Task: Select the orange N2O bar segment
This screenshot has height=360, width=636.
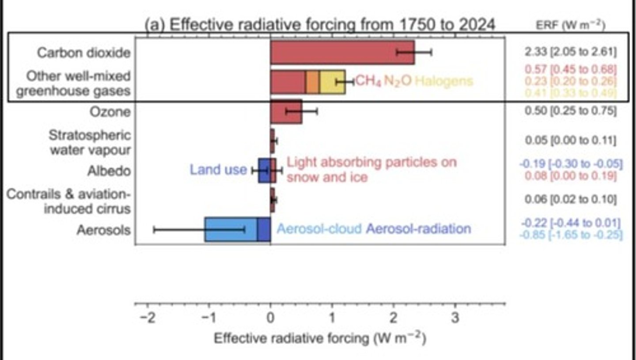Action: (312, 82)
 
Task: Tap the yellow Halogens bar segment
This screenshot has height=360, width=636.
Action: (332, 82)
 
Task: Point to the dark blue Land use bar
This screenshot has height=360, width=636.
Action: (264, 171)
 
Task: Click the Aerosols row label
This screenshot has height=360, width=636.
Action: (104, 230)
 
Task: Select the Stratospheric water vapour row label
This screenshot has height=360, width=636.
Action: (90, 142)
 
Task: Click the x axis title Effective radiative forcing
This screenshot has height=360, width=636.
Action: (320, 339)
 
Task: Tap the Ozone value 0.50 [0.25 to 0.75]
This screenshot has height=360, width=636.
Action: (570, 111)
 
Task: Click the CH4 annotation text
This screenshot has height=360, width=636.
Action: (368, 81)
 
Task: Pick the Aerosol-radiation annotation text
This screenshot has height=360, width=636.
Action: (418, 229)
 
